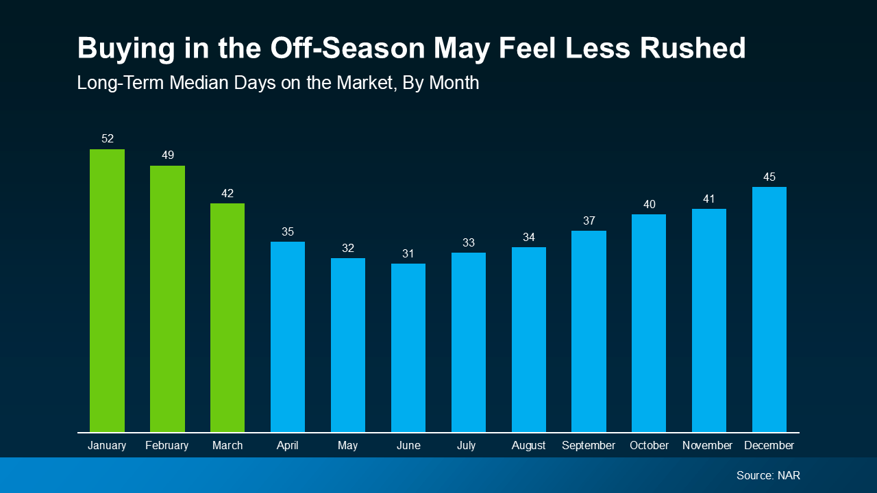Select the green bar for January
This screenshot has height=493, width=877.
[107, 291]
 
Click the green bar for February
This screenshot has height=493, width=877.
[167, 299]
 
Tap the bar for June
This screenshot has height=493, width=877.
[408, 348]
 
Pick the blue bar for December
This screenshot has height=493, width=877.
[769, 309]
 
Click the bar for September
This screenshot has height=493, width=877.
[589, 331]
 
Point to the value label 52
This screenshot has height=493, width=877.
[108, 139]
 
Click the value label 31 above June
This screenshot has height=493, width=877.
[408, 253]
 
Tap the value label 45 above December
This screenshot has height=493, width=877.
[769, 177]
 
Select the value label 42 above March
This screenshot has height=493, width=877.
[227, 194]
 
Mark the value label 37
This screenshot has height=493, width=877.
[589, 220]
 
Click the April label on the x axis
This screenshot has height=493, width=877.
[288, 445]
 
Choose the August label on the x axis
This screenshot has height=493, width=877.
[528, 445]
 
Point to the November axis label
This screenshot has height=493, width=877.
[708, 445]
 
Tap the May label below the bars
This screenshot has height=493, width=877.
[348, 445]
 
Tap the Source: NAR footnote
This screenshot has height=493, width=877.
[768, 475]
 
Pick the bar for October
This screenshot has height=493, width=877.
[649, 323]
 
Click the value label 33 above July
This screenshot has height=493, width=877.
[468, 242]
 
